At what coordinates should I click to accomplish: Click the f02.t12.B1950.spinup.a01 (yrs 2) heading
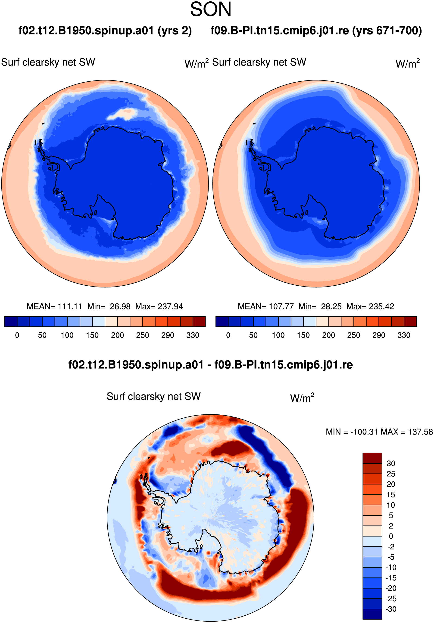coord(105,30)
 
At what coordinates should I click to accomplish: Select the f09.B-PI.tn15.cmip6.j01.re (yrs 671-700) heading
coord(316,30)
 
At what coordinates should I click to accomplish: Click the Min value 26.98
coord(120,307)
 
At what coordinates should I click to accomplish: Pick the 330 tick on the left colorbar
coord(193,335)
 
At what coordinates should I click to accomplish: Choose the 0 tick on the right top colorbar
coord(228,335)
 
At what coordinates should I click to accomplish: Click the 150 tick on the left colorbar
coord(92,335)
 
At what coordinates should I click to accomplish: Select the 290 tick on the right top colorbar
coord(379,335)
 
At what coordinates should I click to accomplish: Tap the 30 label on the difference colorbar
coord(390,463)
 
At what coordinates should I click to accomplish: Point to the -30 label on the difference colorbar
coord(390,609)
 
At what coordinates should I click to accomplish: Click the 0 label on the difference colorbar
coord(390,537)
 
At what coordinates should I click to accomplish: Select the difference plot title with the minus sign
coord(210,365)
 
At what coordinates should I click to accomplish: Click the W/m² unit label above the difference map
coord(302,397)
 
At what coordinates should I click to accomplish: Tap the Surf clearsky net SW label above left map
coord(48,62)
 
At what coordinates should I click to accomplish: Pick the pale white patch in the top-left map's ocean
coord(121,114)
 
